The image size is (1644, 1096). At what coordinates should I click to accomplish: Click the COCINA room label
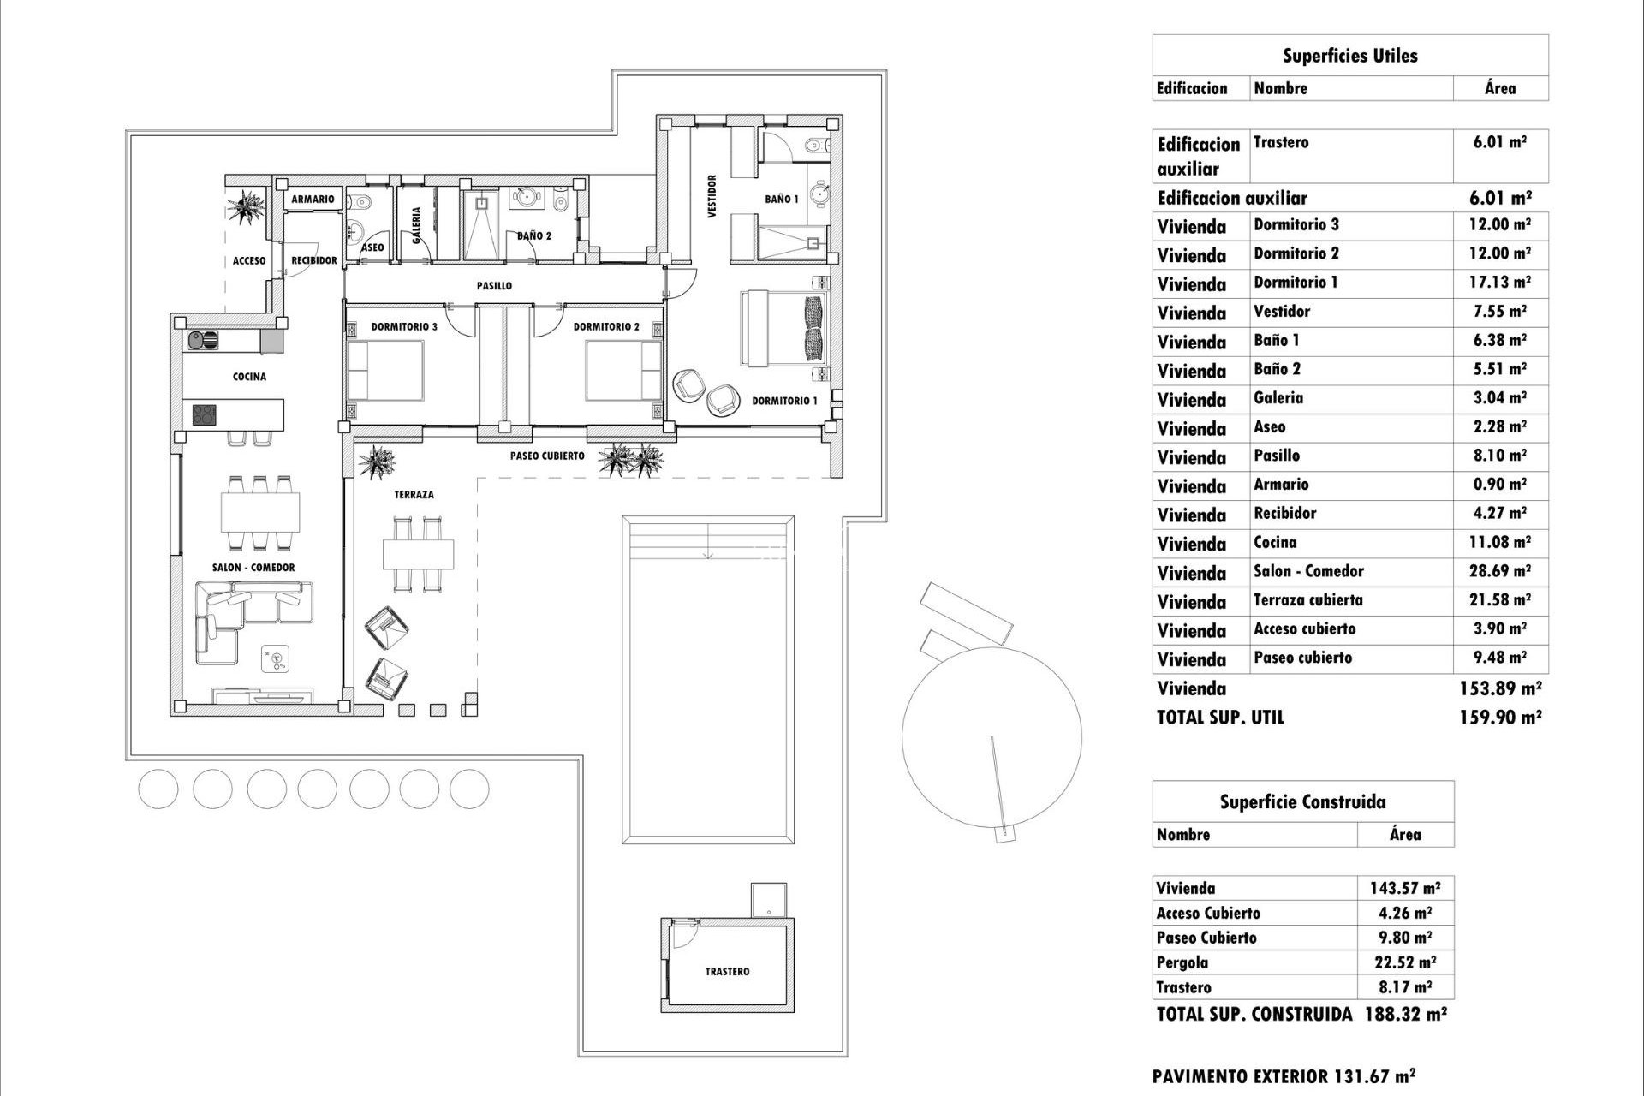[249, 377]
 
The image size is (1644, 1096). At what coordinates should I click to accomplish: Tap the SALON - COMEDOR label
[253, 568]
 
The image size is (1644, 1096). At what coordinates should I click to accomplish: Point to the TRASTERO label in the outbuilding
[727, 972]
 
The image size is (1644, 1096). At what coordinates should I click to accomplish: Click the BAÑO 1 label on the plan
[782, 199]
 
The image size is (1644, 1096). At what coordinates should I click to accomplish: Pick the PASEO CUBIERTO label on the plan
[547, 456]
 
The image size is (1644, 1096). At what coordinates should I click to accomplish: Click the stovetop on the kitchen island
[205, 415]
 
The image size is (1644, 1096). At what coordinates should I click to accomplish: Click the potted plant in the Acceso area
[247, 205]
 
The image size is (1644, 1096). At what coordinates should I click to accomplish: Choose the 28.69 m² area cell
[1499, 571]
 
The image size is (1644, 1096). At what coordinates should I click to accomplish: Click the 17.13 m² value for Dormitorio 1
[1499, 283]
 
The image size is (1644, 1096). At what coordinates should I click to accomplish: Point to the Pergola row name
[1182, 962]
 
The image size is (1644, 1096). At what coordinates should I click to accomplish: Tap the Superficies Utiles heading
[1349, 57]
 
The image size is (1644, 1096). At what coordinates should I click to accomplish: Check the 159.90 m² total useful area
[1499, 718]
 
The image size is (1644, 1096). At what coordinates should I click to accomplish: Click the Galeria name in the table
[1278, 398]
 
